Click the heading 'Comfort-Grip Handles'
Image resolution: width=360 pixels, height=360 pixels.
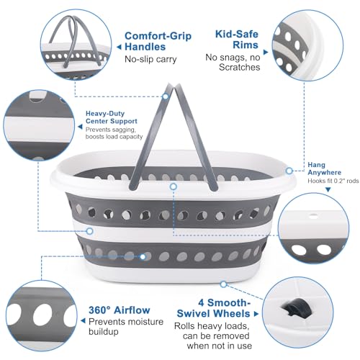click(x=158, y=41)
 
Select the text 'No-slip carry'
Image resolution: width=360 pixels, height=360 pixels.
click(x=150, y=59)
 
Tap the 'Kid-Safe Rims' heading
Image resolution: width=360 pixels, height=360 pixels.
click(x=237, y=40)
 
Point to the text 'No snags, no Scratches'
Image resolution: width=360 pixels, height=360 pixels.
click(x=233, y=63)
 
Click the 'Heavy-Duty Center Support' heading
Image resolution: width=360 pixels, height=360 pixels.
click(x=112, y=117)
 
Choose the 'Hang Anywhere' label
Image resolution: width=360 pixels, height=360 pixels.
click(x=324, y=168)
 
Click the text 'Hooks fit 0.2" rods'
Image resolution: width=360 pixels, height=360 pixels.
click(x=333, y=181)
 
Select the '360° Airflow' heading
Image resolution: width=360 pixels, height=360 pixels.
click(x=120, y=310)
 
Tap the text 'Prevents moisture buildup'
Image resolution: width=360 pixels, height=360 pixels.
click(x=126, y=326)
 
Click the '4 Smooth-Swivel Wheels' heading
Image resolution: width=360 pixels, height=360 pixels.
click(x=214, y=308)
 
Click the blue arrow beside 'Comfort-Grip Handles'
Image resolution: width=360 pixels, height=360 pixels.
click(x=119, y=47)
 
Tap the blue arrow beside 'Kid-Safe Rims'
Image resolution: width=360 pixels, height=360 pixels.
click(x=266, y=52)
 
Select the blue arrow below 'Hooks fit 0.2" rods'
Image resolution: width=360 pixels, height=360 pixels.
click(x=328, y=189)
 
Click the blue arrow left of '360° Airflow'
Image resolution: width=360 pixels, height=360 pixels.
click(x=83, y=320)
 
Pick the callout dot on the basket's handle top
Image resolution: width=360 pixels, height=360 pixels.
click(x=166, y=96)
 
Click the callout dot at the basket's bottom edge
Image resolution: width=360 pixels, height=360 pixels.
click(x=223, y=284)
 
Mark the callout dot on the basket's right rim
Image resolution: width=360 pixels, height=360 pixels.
click(x=289, y=171)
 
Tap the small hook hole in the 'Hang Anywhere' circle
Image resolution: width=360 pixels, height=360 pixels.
click(x=312, y=215)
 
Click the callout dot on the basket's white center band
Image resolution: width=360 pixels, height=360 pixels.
click(x=90, y=231)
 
